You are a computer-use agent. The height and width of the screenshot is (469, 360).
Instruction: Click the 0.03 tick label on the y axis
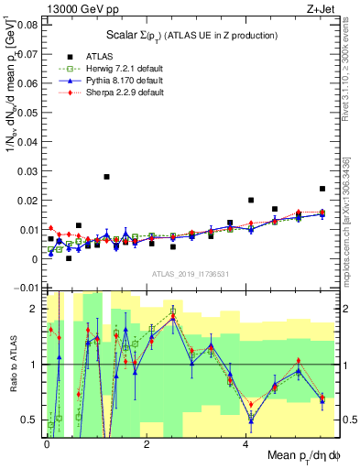coord(27,171)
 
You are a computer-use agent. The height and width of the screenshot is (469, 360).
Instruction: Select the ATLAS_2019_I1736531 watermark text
coord(190,274)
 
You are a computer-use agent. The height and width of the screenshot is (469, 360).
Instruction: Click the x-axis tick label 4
coord(245,443)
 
